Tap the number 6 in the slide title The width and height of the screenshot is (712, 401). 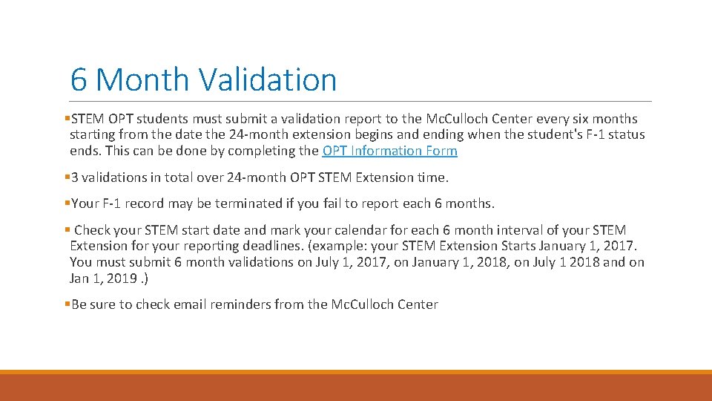pyautogui.click(x=79, y=79)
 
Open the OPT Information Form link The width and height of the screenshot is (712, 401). pyautogui.click(x=389, y=151)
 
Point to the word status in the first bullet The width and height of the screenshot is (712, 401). pyautogui.click(x=625, y=134)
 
